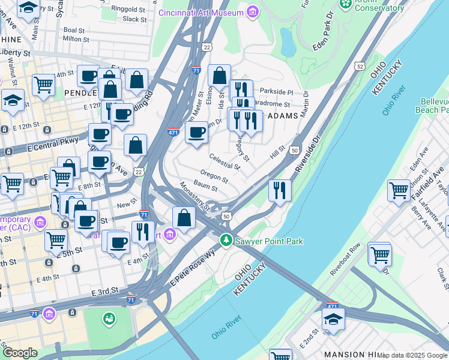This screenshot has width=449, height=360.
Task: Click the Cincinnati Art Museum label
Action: (202, 13)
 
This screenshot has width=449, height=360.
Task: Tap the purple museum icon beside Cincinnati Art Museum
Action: (253, 12)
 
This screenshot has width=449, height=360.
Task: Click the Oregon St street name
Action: (214, 176)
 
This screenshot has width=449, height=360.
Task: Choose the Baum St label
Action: (205, 188)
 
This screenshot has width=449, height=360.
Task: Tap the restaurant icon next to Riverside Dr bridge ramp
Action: (280, 191)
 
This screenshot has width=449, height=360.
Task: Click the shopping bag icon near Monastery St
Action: (184, 218)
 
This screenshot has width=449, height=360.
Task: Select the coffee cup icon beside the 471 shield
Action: (196, 133)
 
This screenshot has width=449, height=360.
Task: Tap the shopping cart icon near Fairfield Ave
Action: (399, 191)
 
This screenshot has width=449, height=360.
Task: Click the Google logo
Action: (19, 353)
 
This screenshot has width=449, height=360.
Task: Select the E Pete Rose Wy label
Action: (192, 269)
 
